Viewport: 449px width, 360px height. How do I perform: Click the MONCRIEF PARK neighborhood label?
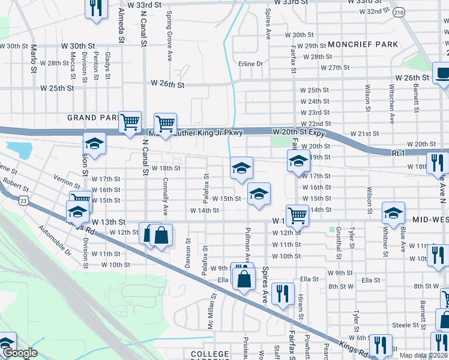pyautogui.click(x=360, y=45)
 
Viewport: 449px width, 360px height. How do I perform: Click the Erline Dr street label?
pyautogui.click(x=251, y=64)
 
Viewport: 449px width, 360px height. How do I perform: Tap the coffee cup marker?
pyautogui.click(x=443, y=74)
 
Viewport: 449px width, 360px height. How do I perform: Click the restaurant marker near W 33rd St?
pyautogui.click(x=95, y=8)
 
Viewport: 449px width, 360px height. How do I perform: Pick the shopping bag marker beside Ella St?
pyautogui.click(x=244, y=279)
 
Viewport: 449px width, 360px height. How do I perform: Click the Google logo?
pyautogui.click(x=19, y=353)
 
